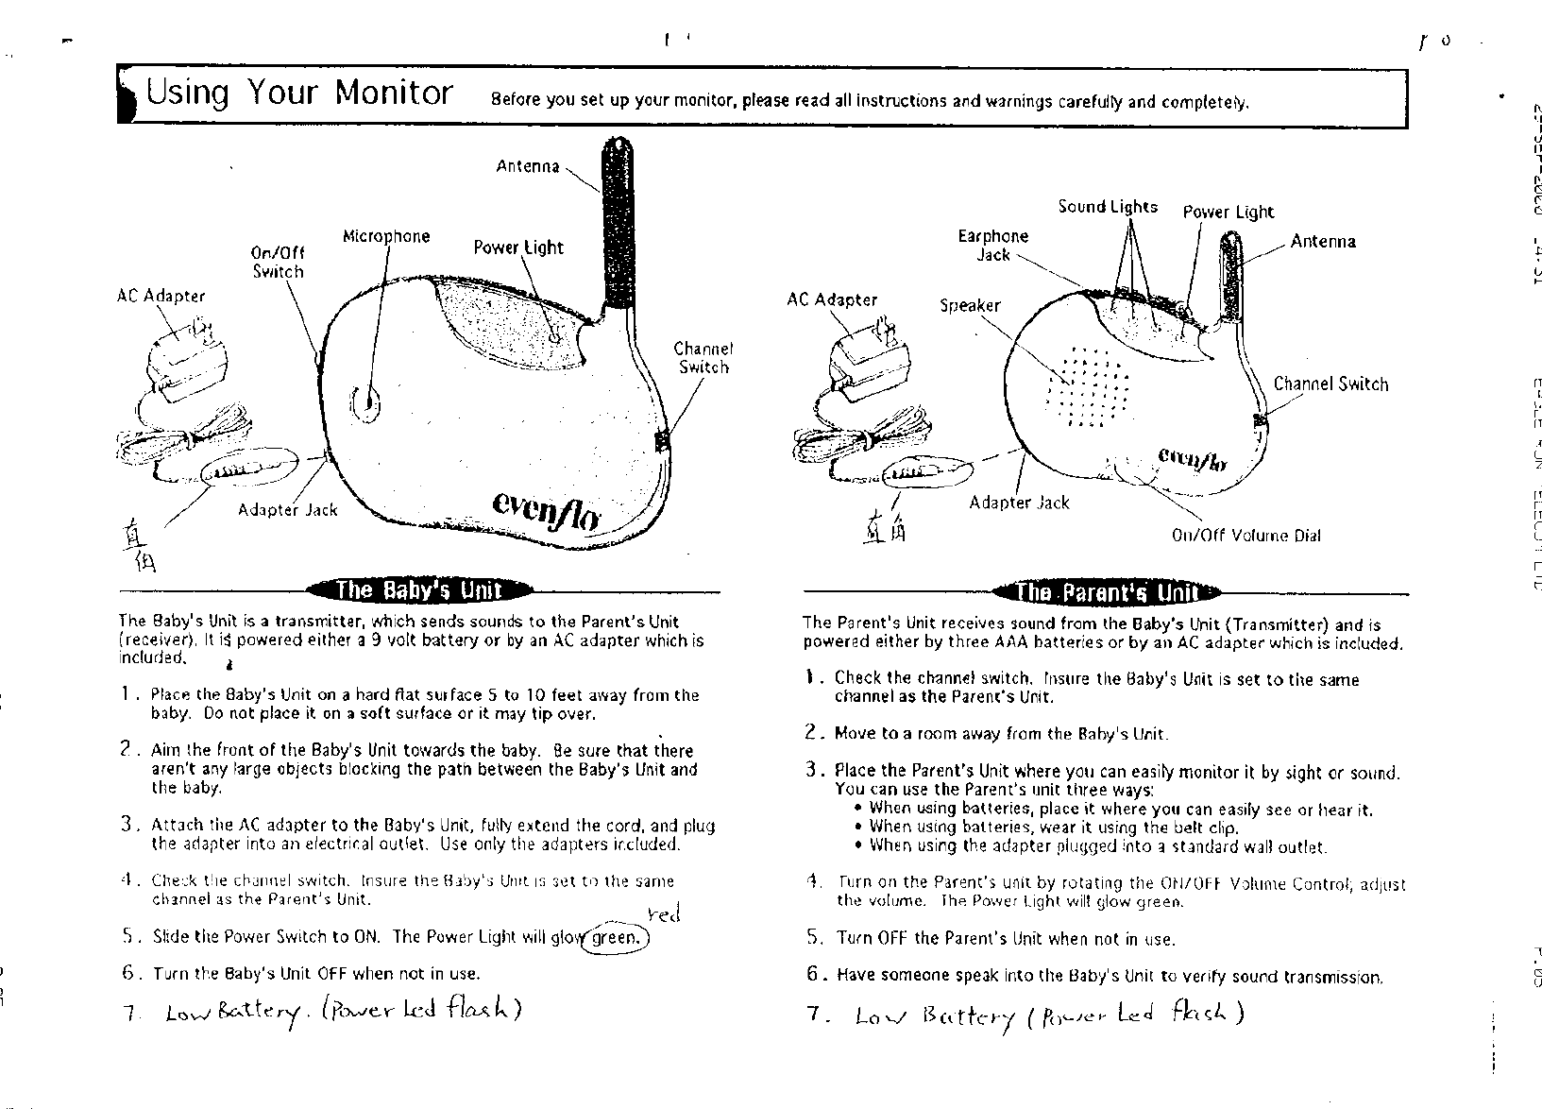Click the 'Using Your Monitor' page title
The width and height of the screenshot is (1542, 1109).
(299, 94)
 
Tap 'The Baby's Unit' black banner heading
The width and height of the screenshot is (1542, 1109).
(419, 590)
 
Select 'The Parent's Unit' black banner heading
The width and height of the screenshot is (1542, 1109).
(1106, 593)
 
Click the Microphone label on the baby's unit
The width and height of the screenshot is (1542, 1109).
(385, 236)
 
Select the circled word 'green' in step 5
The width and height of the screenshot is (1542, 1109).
(616, 938)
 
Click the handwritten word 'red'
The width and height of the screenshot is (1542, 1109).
(665, 913)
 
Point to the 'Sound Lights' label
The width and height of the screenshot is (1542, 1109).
(1107, 207)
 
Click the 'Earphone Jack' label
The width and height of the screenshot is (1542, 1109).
(992, 245)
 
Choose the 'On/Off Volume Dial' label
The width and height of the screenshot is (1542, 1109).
(1245, 536)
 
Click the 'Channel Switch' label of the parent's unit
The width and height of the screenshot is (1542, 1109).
(1330, 384)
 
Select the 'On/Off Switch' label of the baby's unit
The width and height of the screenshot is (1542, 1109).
(278, 262)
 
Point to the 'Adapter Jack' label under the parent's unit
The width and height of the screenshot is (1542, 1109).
(1019, 503)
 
